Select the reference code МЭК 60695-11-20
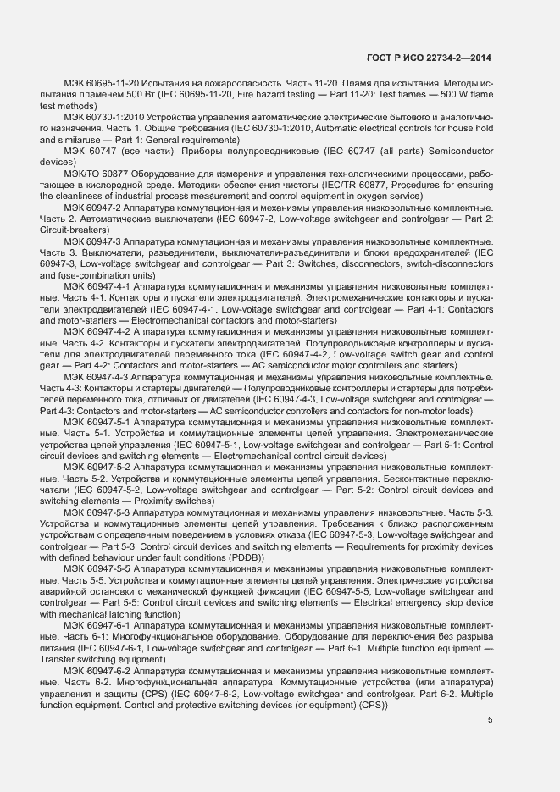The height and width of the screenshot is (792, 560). click(x=101, y=85)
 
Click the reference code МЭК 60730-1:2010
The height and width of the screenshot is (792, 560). click(x=103, y=116)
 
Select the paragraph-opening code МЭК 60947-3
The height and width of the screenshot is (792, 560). click(x=92, y=242)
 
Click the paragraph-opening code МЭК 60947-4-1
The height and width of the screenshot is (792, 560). click(x=96, y=288)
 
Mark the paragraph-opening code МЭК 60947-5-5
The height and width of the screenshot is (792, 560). click(x=96, y=569)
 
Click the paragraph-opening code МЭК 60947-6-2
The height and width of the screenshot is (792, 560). click(x=96, y=671)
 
